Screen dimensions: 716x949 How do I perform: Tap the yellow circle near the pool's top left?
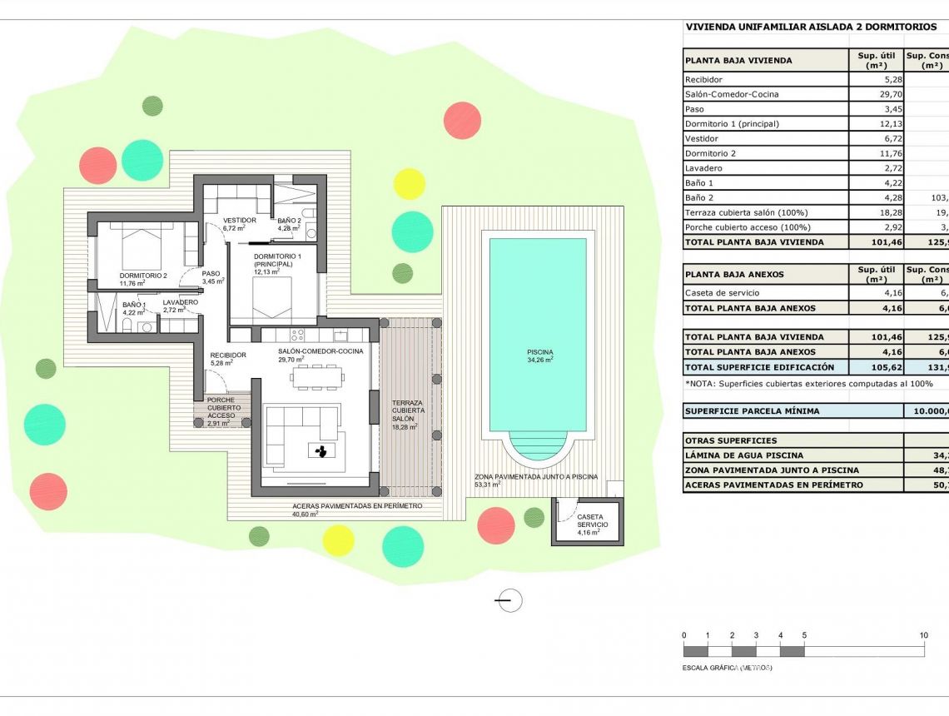point(409,183)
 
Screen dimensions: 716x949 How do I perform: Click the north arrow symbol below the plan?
point(509,599)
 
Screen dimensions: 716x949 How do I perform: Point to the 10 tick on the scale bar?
point(923,635)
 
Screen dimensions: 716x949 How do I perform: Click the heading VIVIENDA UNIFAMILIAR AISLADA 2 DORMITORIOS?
point(799,27)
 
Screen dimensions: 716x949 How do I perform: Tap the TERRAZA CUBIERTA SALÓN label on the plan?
point(408,414)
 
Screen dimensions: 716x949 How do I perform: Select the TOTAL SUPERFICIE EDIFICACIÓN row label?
point(758,367)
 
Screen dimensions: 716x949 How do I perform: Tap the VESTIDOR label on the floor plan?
point(239,221)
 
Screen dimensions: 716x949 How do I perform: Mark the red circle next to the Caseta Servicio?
point(496,525)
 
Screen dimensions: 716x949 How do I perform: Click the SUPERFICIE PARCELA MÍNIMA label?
point(752,411)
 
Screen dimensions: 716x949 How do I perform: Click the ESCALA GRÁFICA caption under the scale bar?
point(726,668)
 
